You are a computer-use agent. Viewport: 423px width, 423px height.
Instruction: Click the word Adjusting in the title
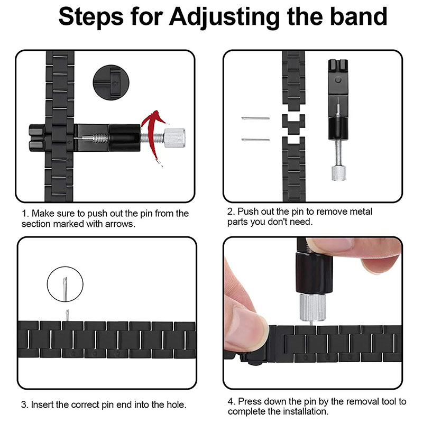(x=224, y=17)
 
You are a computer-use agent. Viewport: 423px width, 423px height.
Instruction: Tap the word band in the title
(x=359, y=16)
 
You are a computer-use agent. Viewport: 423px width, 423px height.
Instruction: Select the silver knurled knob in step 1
(x=174, y=138)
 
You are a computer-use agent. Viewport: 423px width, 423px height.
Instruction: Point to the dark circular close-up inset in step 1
(x=111, y=82)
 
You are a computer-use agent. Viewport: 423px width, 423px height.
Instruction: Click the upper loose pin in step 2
(x=255, y=118)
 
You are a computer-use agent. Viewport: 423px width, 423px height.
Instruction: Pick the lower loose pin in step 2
(x=255, y=140)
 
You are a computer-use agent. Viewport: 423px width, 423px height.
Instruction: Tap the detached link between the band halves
(x=293, y=124)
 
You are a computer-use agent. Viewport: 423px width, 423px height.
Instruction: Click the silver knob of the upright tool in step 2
(x=338, y=173)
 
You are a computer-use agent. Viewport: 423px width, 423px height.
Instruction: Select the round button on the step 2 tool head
(x=338, y=80)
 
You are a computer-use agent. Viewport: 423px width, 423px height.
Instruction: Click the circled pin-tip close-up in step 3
(x=65, y=284)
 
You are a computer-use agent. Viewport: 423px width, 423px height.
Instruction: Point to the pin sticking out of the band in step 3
(x=67, y=315)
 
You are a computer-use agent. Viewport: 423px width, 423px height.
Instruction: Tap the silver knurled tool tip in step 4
(x=312, y=308)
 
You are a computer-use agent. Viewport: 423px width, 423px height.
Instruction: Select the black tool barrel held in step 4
(x=314, y=273)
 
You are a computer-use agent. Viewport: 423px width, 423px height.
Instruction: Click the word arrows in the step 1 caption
(x=120, y=224)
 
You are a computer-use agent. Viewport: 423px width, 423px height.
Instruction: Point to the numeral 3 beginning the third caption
(x=24, y=405)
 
